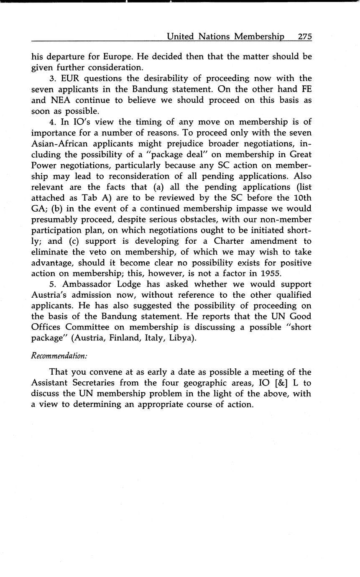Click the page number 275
click(305, 36)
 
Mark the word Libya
click(182, 338)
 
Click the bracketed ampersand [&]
click(283, 383)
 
